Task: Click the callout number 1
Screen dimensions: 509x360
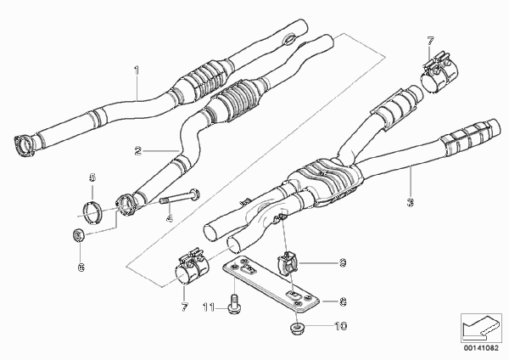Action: pos(137,70)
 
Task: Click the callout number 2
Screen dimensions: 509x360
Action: pos(138,151)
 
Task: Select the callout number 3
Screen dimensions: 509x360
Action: pos(411,202)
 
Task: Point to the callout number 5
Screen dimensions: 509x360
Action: pos(92,177)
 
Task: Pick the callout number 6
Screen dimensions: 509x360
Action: pos(81,267)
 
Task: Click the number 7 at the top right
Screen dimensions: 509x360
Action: pos(430,41)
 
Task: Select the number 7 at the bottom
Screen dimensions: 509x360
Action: pos(184,307)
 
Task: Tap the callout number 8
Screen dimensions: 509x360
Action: pos(343,302)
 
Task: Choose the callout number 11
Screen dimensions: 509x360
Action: pos(209,307)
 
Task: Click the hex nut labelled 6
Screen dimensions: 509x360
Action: pos(78,235)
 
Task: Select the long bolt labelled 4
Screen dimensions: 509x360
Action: pos(180,197)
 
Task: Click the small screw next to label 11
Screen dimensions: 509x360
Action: pos(232,304)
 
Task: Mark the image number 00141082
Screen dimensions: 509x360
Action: pos(481,348)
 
